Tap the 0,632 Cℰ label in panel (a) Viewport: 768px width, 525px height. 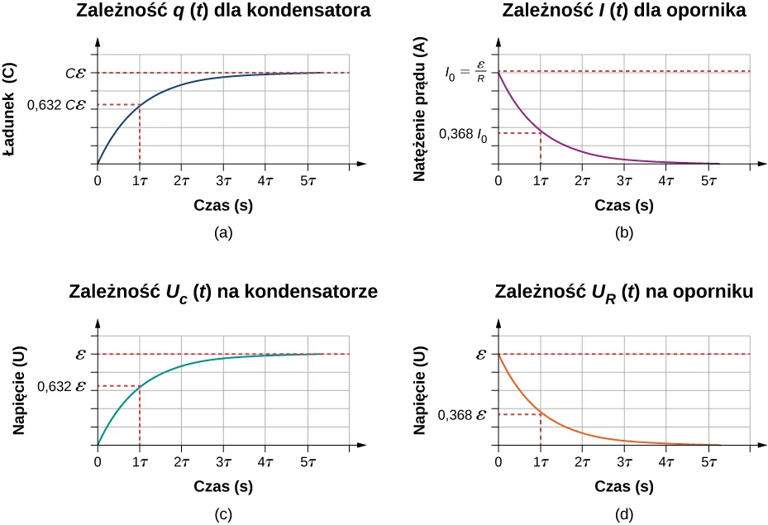tap(56, 105)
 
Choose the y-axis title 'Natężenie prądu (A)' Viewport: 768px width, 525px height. tap(420, 110)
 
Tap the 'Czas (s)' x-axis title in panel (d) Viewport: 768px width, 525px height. tap(624, 487)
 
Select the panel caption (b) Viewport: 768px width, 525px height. tap(624, 233)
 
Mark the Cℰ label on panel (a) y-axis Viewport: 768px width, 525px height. tap(76, 74)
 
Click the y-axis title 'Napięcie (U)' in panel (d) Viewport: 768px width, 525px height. tap(420, 389)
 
